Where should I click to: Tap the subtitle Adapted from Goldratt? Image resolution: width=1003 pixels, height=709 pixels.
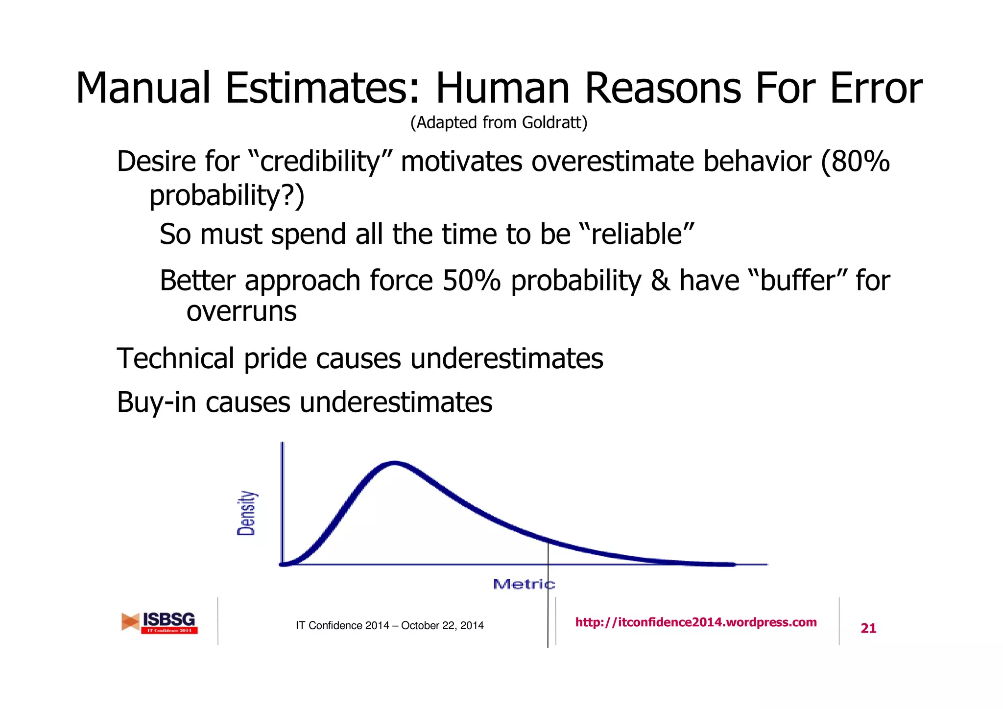tap(499, 122)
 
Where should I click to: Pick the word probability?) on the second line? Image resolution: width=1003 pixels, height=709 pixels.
tap(227, 196)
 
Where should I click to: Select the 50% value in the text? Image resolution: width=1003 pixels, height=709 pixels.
tap(471, 281)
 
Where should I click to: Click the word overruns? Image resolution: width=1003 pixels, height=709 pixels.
tap(241, 311)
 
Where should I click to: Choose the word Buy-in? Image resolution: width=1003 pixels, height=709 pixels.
tap(156, 402)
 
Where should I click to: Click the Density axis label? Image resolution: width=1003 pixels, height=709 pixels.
tap(246, 513)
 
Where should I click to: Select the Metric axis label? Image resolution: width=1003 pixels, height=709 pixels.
tap(523, 584)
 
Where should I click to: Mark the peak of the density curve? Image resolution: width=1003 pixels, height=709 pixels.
tap(395, 463)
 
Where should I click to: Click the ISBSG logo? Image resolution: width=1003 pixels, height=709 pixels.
tap(160, 622)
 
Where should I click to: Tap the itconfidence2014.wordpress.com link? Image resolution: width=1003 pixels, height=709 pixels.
tap(695, 622)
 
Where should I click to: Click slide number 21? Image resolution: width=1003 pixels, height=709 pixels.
tap(868, 628)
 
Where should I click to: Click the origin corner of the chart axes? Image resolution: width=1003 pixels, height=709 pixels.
tap(283, 565)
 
